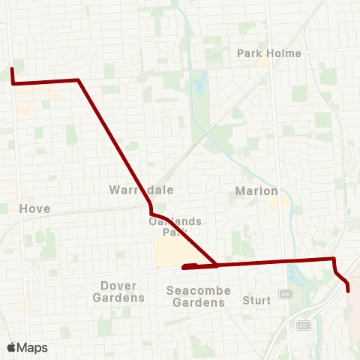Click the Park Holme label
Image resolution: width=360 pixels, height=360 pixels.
coord(268,53)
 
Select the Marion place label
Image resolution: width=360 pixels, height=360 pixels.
coord(256,191)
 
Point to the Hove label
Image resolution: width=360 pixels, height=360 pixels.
coord(35,208)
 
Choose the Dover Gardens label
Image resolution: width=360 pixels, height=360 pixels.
coord(118,291)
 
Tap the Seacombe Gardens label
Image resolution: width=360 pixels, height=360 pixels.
coord(199,296)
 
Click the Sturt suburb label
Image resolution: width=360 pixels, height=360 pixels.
coord(256,301)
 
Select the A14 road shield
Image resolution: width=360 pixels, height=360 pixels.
coord(286,294)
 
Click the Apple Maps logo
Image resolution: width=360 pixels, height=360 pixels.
coord(27,347)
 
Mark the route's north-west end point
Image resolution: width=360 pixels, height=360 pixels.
coord(12,70)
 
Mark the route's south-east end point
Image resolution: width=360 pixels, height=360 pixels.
coord(348,290)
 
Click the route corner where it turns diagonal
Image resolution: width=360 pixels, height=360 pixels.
coord(78,80)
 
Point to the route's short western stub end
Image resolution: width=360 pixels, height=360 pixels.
coord(184,266)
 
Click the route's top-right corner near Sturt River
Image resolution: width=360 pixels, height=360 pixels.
coord(333,259)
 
